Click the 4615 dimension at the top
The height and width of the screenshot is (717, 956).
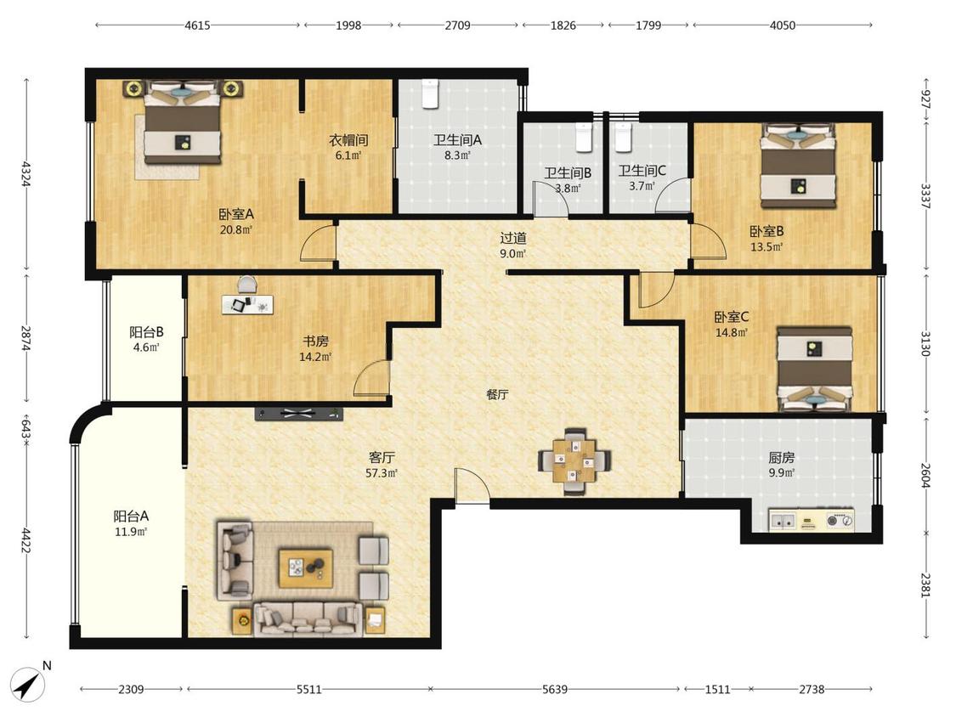point(197,25)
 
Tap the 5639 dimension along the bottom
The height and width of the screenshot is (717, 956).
point(555,689)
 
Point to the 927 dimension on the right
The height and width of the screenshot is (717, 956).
point(925,99)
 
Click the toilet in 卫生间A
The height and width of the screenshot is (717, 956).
point(431,94)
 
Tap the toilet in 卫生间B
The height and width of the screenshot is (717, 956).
point(584,137)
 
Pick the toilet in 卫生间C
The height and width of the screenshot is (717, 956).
point(622,137)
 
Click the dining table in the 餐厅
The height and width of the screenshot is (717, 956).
point(574,461)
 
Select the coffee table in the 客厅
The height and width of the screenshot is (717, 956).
point(305,568)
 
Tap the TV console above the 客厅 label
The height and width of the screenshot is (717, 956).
point(299,414)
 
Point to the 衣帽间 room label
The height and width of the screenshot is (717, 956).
point(348,140)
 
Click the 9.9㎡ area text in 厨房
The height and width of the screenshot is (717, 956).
point(781,473)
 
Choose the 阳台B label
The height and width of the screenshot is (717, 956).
point(146,332)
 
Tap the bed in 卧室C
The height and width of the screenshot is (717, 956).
point(815,369)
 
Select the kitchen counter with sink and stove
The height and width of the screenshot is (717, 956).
point(812,520)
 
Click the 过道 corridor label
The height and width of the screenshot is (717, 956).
point(512,239)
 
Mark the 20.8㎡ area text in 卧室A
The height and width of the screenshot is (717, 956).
point(236,230)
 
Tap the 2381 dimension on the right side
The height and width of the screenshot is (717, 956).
point(925,585)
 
